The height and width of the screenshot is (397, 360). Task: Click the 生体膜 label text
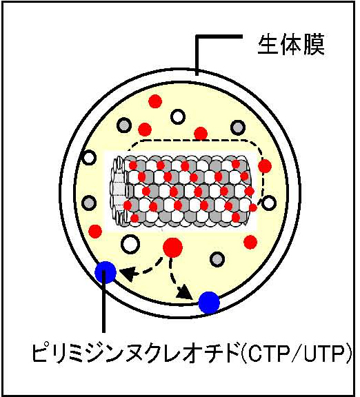click(291, 45)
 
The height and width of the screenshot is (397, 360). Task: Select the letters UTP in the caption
click(327, 352)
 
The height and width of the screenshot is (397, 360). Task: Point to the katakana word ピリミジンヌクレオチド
click(137, 352)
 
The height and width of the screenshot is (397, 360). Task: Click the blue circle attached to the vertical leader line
click(106, 272)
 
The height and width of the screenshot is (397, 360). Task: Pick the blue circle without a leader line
click(209, 303)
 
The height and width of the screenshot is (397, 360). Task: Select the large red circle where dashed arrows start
click(172, 247)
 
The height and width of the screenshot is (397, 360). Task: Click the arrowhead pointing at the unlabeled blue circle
click(184, 292)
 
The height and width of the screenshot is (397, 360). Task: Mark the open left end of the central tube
click(118, 191)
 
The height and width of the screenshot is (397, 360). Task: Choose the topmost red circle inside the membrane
click(155, 101)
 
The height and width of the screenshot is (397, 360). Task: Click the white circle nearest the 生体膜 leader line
click(178, 117)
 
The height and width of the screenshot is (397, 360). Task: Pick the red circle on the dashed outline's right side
click(265, 166)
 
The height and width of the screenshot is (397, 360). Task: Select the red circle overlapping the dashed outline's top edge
click(201, 134)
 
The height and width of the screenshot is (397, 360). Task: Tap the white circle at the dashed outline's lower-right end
click(268, 203)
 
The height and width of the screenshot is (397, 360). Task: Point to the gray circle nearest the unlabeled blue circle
click(217, 259)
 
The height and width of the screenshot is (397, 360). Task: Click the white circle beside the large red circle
click(130, 244)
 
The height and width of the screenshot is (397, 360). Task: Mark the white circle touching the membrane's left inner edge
click(89, 157)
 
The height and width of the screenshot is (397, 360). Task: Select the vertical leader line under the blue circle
click(103, 301)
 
